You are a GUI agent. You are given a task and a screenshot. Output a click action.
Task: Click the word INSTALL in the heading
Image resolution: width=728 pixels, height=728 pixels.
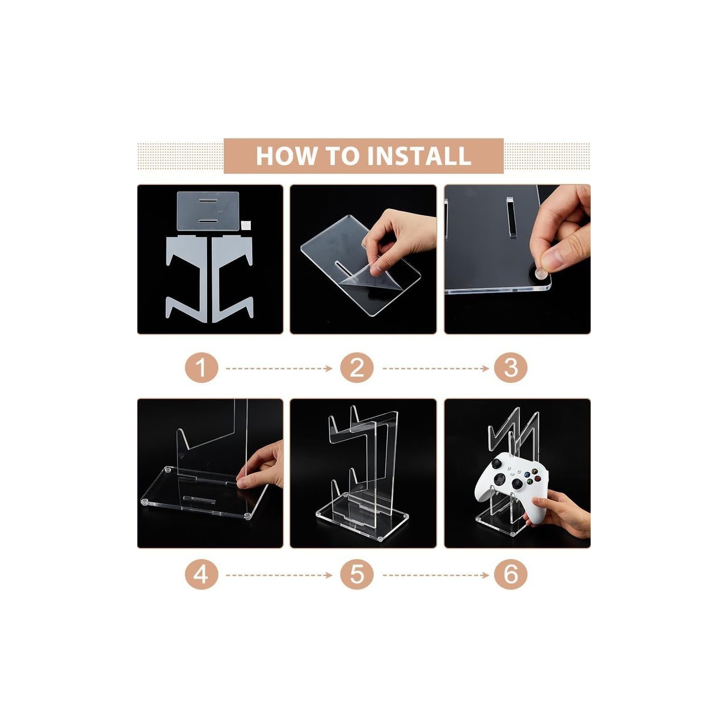[x=419, y=156]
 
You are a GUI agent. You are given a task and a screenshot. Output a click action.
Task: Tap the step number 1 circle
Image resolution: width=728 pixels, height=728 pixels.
[x=201, y=368]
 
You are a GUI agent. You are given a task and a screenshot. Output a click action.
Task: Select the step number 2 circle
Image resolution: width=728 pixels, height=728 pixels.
[x=357, y=368]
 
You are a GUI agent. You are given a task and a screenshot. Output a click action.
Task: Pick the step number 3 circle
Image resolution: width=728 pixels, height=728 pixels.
[x=511, y=368]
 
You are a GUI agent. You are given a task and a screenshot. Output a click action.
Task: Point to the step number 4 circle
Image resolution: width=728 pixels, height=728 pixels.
[x=201, y=575]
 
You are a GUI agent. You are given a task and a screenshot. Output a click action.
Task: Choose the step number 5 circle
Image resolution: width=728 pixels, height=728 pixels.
[x=357, y=575]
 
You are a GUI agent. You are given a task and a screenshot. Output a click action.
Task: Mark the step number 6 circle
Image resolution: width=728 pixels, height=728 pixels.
[x=511, y=575]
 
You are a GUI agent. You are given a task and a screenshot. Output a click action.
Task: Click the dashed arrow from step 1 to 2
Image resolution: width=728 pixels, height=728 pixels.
[x=279, y=369]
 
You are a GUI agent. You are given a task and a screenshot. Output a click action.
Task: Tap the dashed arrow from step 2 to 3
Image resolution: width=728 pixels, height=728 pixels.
[x=436, y=369]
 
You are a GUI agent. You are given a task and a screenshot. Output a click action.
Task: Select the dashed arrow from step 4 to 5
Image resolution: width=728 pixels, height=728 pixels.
[x=279, y=576]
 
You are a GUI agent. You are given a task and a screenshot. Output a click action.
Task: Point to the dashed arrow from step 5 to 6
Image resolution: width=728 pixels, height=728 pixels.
[x=436, y=576]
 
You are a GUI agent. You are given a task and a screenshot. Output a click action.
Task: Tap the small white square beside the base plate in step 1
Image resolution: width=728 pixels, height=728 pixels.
[x=246, y=225]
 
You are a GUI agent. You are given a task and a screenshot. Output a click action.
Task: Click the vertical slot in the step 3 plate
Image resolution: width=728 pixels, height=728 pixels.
[x=510, y=217]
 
